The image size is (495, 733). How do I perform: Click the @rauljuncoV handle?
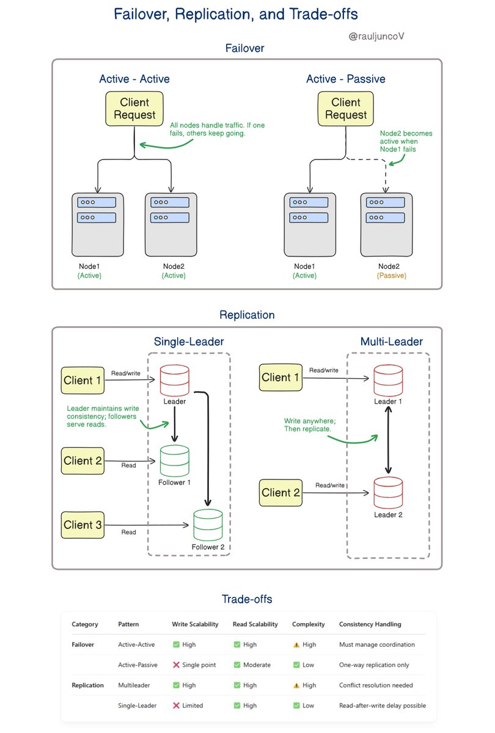[376, 37]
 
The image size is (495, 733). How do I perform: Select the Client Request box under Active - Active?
[134, 108]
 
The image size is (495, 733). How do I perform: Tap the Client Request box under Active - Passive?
[346, 108]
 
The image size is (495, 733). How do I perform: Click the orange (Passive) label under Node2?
[391, 275]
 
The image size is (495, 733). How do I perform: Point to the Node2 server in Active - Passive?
[386, 224]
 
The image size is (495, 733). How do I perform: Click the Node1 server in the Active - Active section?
[98, 224]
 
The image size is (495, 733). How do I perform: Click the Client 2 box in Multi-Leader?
[281, 492]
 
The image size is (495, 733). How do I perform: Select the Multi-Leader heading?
[391, 342]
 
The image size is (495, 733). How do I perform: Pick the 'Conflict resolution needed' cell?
[376, 685]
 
